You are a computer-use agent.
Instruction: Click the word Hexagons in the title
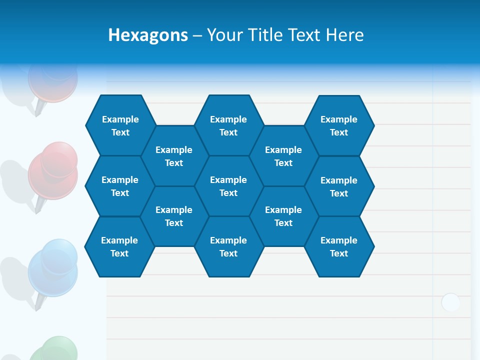click(x=148, y=35)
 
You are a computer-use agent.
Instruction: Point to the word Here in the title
click(x=344, y=35)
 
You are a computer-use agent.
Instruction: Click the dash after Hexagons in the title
click(x=197, y=35)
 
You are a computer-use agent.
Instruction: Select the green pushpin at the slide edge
click(x=54, y=349)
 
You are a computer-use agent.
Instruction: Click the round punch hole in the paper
click(x=450, y=302)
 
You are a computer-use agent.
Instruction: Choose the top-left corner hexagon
click(x=120, y=125)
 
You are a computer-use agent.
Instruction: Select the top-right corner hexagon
click(x=339, y=125)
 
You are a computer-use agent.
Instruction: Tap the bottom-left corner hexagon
click(x=119, y=246)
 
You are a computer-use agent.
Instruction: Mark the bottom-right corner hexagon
click(x=339, y=246)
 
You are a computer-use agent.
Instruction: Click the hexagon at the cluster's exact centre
click(x=228, y=186)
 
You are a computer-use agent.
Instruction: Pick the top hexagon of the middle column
click(x=228, y=125)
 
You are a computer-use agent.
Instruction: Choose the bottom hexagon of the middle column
click(x=228, y=246)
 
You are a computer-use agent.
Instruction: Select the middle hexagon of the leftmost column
click(x=120, y=186)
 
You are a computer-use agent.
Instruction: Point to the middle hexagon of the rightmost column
click(x=339, y=186)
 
